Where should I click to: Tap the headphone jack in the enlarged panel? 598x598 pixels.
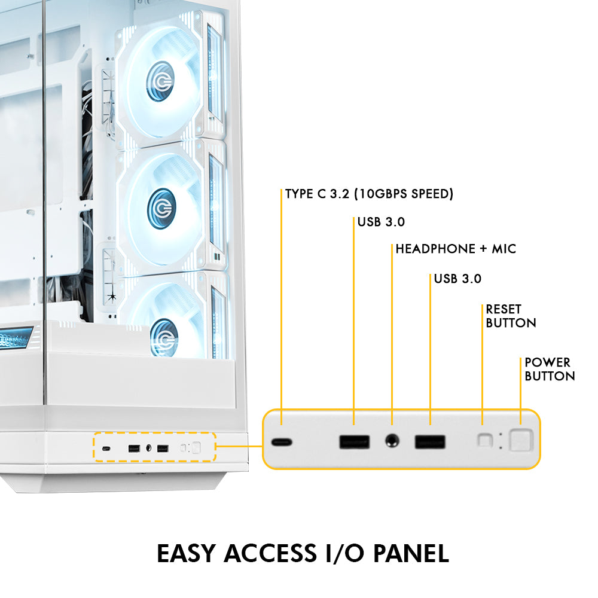pyautogui.click(x=392, y=442)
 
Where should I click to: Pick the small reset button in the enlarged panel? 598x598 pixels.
pyautogui.click(x=484, y=441)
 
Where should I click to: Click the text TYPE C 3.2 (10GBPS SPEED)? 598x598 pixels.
pyautogui.click(x=369, y=194)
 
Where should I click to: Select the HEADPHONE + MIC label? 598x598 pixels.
pyautogui.click(x=456, y=249)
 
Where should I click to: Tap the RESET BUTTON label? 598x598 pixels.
pyautogui.click(x=511, y=316)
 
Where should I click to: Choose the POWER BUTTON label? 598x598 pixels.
pyautogui.click(x=550, y=369)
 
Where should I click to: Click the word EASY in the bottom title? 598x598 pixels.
pyautogui.click(x=187, y=553)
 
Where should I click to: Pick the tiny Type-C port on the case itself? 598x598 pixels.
pyautogui.click(x=106, y=449)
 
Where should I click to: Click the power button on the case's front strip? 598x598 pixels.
pyautogui.click(x=196, y=448)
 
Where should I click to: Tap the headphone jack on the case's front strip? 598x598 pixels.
pyautogui.click(x=148, y=448)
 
